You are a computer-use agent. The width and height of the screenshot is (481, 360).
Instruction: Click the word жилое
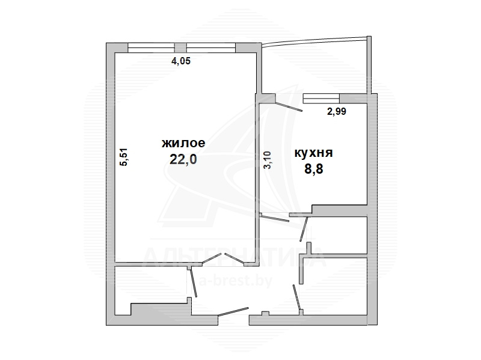coord(183,144)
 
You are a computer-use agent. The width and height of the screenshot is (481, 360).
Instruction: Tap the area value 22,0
coord(183,159)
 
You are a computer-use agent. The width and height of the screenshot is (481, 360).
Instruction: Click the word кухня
coord(313,153)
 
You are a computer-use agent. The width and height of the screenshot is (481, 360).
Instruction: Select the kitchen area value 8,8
coord(313,169)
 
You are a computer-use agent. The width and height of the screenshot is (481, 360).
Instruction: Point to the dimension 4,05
coord(181,61)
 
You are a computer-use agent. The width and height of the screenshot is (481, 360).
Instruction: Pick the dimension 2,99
coord(337,111)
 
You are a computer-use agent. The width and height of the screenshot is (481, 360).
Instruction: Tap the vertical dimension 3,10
coord(267,160)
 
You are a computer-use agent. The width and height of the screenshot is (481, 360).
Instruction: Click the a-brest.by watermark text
coord(236,281)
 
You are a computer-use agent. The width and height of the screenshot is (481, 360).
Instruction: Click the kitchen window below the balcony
coord(321,99)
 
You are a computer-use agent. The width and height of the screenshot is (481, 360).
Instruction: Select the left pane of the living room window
coord(152,48)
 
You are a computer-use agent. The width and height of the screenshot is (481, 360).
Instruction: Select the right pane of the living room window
coord(211,48)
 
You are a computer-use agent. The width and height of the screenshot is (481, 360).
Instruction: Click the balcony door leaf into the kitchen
coord(289,106)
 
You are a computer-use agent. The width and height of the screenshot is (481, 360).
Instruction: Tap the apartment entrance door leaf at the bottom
coord(233,311)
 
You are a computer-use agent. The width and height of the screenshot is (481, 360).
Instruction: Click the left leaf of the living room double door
coord(212,258)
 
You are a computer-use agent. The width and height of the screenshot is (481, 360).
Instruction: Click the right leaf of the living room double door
coord(234,258)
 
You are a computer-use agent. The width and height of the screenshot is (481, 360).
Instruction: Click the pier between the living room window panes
coord(180,48)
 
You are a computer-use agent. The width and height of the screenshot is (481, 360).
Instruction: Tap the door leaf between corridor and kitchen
coord(274,218)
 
